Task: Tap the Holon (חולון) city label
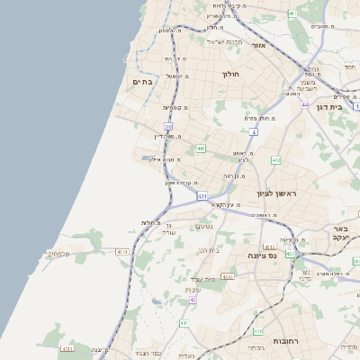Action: click(x=231, y=75)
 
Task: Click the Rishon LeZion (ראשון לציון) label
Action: click(x=276, y=193)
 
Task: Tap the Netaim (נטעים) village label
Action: click(x=204, y=226)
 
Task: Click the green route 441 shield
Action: click(x=200, y=148)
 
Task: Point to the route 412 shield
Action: click(x=275, y=160)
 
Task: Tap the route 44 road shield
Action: click(x=306, y=105)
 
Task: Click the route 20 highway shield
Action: click(x=168, y=127)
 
